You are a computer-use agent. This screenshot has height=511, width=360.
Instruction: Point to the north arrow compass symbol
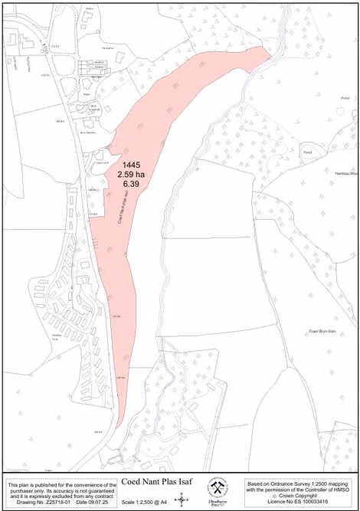coord(182,499)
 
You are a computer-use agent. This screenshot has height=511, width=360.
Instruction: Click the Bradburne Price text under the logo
coord(217,503)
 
